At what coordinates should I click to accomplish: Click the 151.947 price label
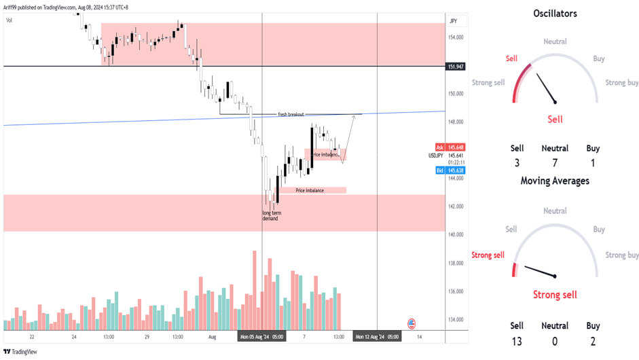coord(456,67)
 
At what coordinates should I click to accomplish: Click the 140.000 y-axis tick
coord(456,234)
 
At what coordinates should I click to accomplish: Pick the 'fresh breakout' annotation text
coord(291,114)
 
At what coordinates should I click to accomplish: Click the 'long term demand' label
coord(272,216)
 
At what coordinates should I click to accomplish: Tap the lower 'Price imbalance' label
coord(310,190)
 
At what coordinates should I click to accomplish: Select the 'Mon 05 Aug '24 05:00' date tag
coord(261,336)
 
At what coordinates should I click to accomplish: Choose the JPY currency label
coord(453,21)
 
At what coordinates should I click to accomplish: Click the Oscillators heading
coord(555,13)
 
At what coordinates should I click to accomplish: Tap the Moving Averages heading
coord(555,181)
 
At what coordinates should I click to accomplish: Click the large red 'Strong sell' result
coord(555,295)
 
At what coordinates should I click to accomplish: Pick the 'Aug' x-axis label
coord(212,336)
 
